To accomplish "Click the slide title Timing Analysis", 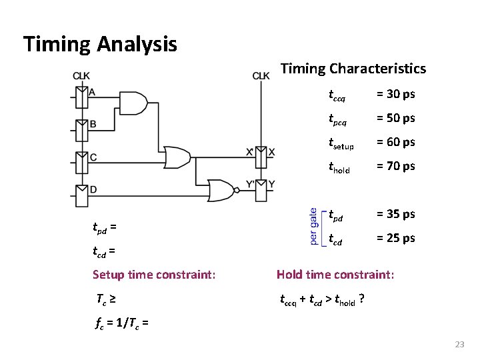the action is pyautogui.click(x=100, y=45).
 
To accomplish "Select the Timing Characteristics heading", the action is pyautogui.click(x=353, y=69).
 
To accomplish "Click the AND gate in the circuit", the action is pyautogui.click(x=134, y=102).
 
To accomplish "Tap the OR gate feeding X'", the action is pyautogui.click(x=178, y=158).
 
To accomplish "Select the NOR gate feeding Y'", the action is pyautogui.click(x=222, y=191).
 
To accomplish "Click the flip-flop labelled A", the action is pyautogui.click(x=81, y=97).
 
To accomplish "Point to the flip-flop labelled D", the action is pyautogui.click(x=81, y=194).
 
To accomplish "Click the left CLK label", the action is pyautogui.click(x=81, y=75).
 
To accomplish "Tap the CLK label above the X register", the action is pyautogui.click(x=261, y=75).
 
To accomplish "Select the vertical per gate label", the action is pyautogui.click(x=313, y=227).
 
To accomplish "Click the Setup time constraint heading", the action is pyautogui.click(x=154, y=274).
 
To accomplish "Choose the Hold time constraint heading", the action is pyautogui.click(x=335, y=274).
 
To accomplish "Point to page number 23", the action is pyautogui.click(x=459, y=345).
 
